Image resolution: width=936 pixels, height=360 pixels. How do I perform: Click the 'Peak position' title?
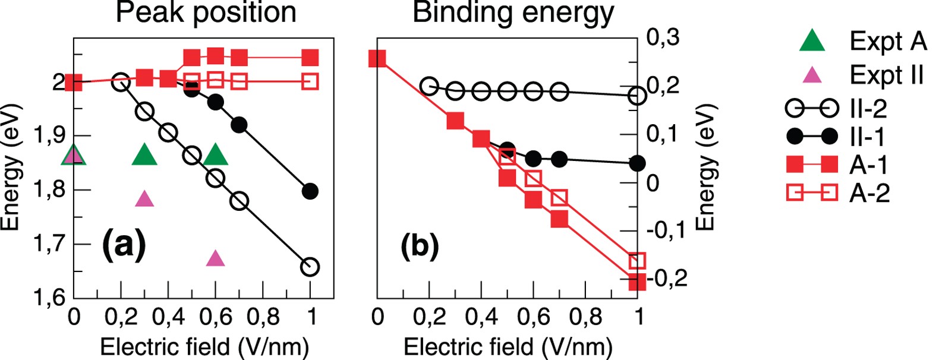pyautogui.click(x=206, y=13)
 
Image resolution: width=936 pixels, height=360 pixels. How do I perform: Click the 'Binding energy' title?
pyautogui.click(x=512, y=13)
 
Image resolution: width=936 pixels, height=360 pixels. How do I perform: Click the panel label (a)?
pyautogui.click(x=124, y=244)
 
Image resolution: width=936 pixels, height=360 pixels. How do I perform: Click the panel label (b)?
pyautogui.click(x=420, y=245)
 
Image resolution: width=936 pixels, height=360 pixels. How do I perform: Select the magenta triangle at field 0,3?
pyautogui.click(x=144, y=199)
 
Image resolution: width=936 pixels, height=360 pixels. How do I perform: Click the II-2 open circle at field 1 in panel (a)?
pyautogui.click(x=310, y=267)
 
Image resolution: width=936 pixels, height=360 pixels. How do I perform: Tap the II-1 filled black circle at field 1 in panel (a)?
pyautogui.click(x=310, y=191)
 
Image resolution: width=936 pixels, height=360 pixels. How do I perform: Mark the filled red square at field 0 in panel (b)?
pyautogui.click(x=377, y=58)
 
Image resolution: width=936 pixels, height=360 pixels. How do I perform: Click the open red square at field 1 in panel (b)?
pyautogui.click(x=637, y=260)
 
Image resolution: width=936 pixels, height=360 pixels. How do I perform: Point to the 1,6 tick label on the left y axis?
pyautogui.click(x=49, y=298)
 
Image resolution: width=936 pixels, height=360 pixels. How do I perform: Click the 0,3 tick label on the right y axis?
pyautogui.click(x=663, y=37)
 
